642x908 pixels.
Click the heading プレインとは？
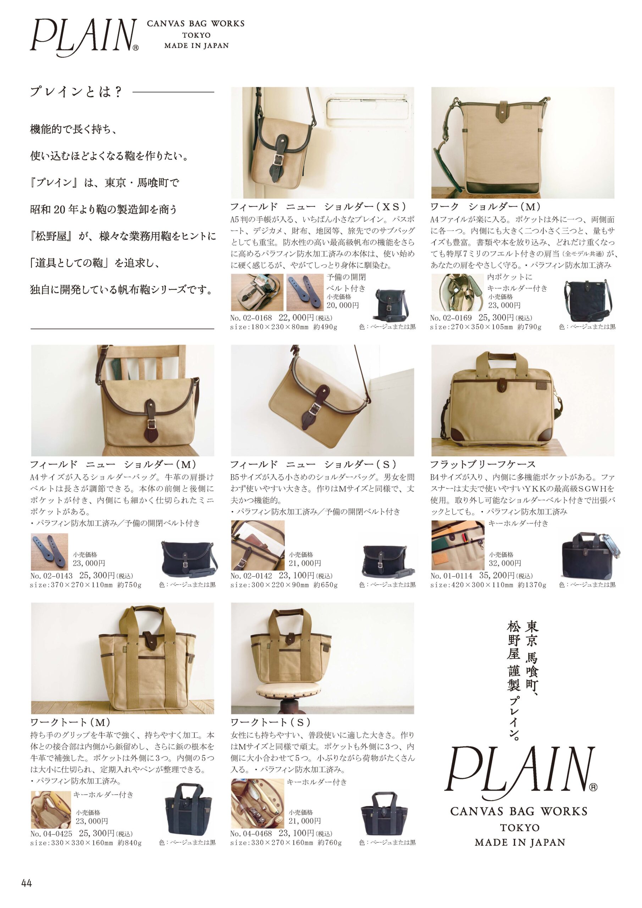(x=76, y=92)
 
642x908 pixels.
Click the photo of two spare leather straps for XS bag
(x=305, y=292)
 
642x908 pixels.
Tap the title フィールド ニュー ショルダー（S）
(x=313, y=464)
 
